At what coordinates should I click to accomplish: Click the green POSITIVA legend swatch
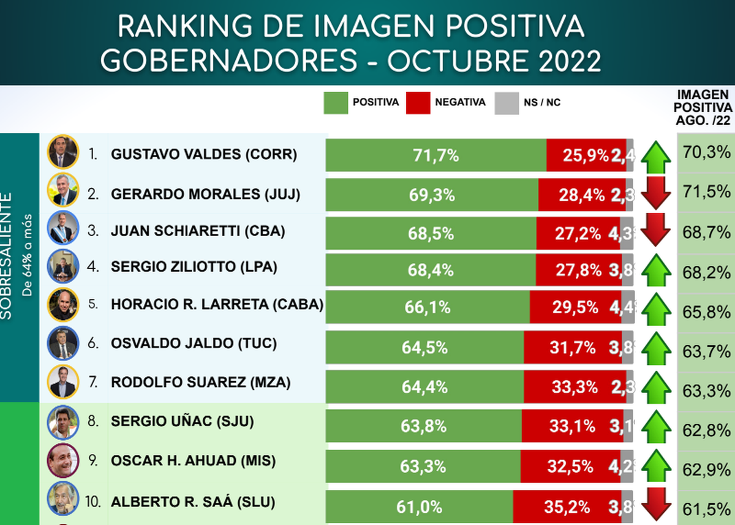point(336,103)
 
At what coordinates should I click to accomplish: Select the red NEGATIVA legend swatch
point(418,103)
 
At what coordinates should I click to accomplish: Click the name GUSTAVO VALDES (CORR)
point(204,155)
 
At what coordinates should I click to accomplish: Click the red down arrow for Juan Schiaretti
point(656,229)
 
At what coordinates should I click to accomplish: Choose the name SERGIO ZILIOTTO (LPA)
point(194,267)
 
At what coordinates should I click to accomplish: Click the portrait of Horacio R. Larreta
point(63,304)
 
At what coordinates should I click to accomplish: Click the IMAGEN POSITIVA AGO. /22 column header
point(704,107)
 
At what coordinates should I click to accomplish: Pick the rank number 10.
point(94,502)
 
